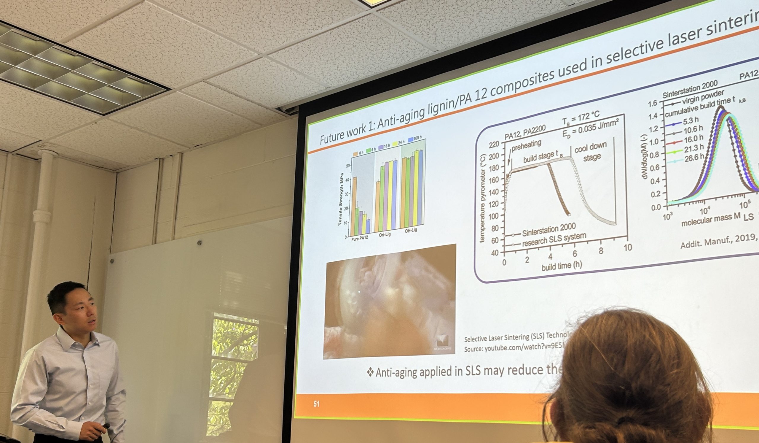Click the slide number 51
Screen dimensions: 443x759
tap(316, 404)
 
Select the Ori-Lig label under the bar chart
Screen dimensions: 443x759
tap(385, 234)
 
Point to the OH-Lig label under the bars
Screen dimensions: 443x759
tap(411, 231)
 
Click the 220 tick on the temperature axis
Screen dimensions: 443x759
tap(494, 145)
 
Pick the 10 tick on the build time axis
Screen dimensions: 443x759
tap(628, 248)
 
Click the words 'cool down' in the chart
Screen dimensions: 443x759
tap(590, 147)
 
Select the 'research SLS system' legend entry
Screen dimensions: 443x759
tap(554, 239)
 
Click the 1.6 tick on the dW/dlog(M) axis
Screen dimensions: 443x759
tap(652, 104)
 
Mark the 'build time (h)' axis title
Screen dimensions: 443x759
tap(562, 266)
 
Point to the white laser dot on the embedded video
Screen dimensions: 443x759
tap(359, 292)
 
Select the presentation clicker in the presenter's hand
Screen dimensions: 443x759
tap(106, 426)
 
